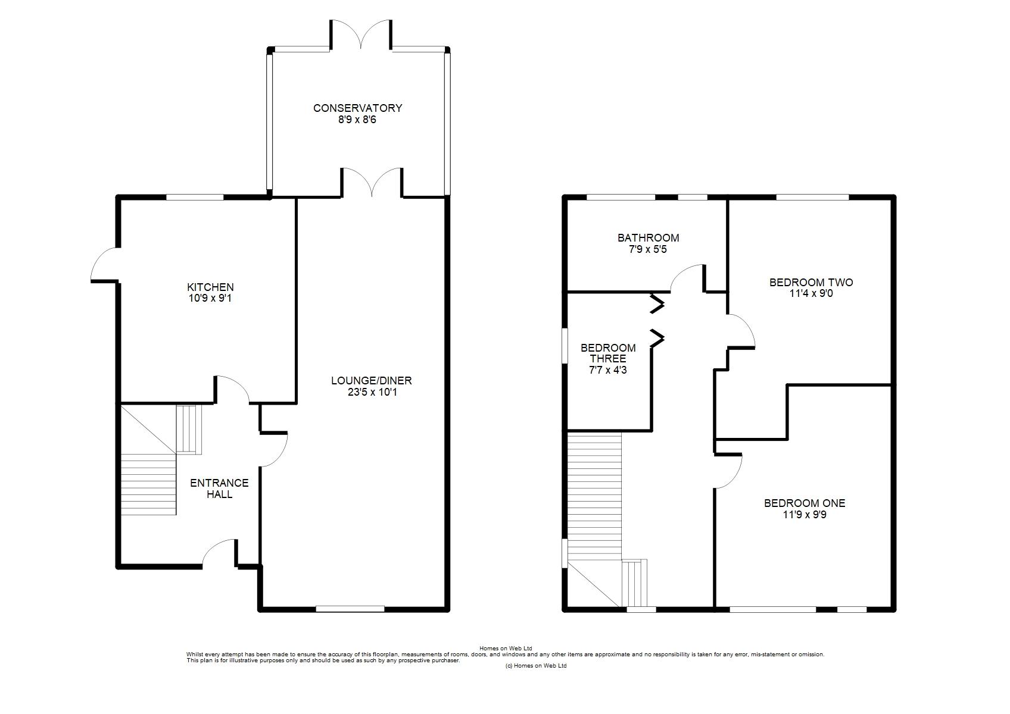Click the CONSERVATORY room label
pos(357,108)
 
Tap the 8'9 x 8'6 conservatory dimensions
pos(357,120)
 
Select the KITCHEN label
pos(211,287)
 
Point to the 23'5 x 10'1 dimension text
pos(372,392)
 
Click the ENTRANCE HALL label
pos(220,488)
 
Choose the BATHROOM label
pos(649,238)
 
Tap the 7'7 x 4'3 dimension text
pos(608,370)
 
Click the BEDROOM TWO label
pos(811,283)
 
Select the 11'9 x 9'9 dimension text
pos(805,515)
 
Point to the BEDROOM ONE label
pos(805,503)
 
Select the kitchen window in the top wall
pos(195,197)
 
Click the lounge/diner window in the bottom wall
pos(350,609)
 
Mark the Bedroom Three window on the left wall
pos(565,346)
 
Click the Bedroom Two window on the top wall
pos(812,197)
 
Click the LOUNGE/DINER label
pos(372,381)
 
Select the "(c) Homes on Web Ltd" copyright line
pos(536,666)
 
